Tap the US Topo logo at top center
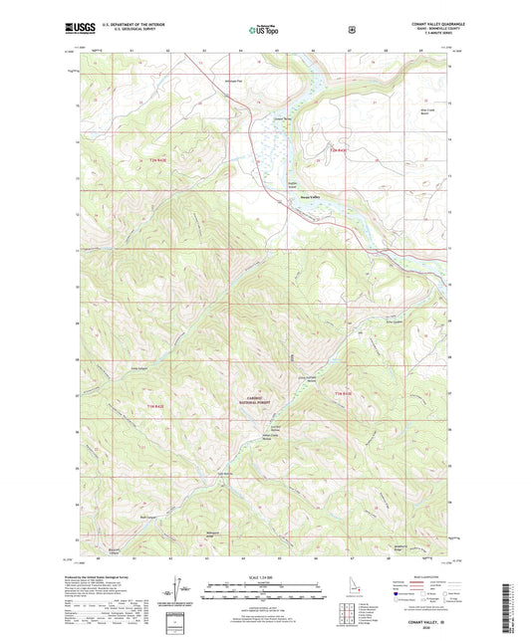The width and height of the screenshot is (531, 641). tap(261, 31)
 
